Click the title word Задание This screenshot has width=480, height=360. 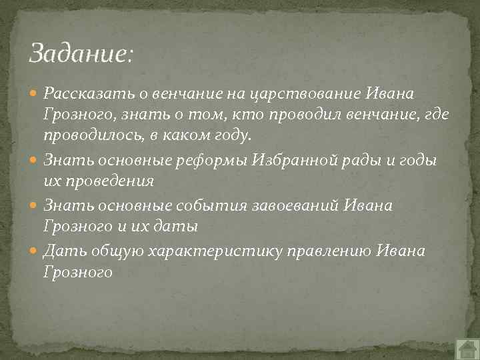coord(81,53)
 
